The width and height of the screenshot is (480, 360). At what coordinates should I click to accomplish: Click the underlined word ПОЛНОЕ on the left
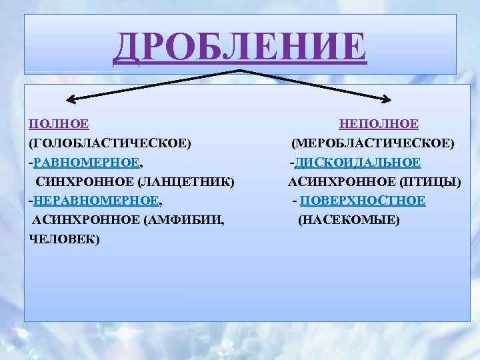(59, 124)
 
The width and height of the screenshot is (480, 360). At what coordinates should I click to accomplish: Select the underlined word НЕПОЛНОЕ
(379, 124)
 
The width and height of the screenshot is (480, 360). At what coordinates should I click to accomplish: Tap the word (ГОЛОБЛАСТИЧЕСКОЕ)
(110, 143)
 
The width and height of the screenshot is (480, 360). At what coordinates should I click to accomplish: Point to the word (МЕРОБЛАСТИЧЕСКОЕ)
(373, 143)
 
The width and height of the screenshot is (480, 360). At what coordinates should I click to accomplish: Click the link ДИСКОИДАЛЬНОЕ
(357, 162)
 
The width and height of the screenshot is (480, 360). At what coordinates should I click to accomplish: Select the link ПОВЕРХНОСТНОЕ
(363, 200)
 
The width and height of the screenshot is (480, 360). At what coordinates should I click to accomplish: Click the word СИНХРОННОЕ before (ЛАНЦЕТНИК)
(84, 181)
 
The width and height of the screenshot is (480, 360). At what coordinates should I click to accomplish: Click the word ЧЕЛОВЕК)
(65, 239)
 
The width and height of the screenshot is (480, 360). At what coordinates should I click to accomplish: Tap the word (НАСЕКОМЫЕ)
(349, 219)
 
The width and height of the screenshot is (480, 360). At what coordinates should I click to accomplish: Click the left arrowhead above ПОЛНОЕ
(70, 101)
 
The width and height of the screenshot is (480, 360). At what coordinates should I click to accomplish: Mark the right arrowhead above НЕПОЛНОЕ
(388, 100)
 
